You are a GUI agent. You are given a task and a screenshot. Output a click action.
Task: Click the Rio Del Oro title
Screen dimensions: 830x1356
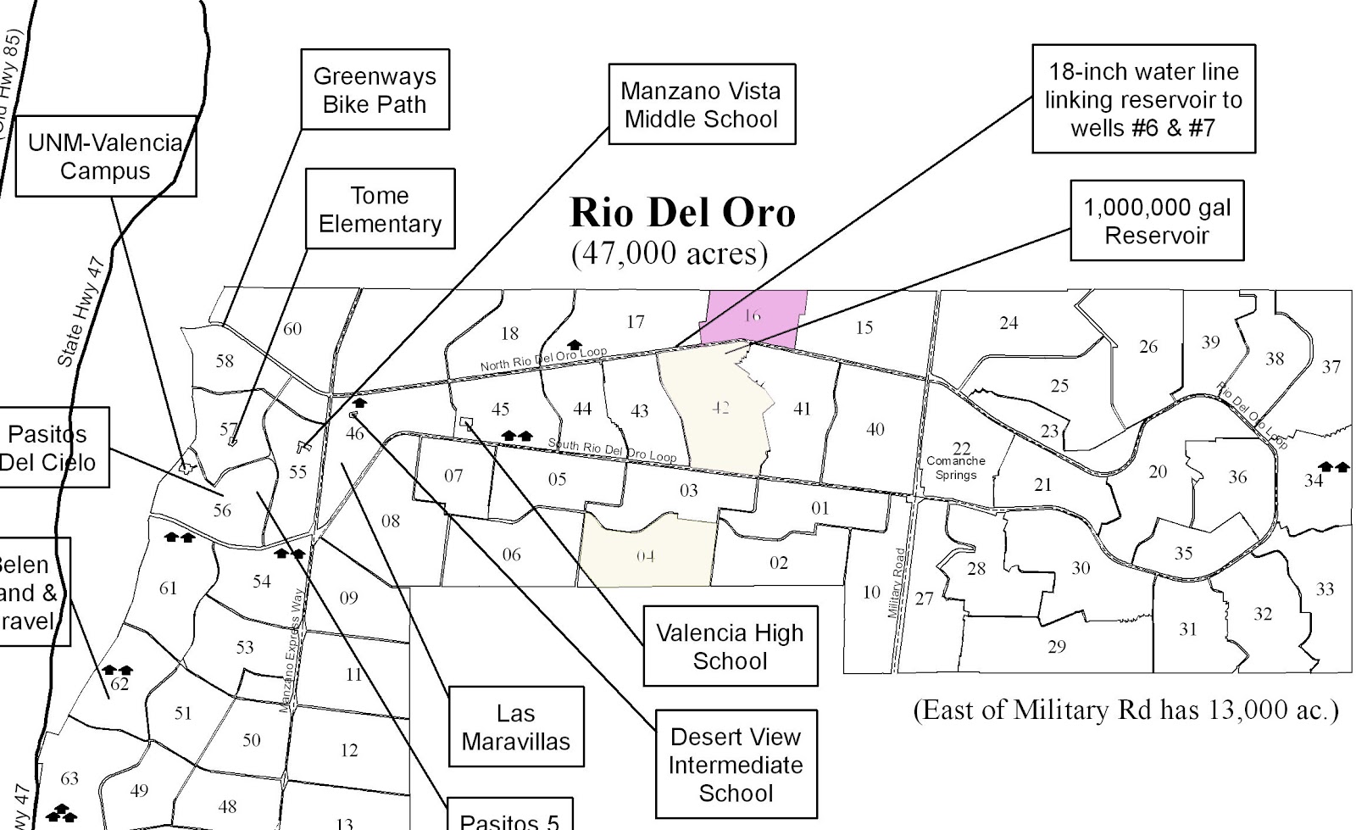(x=683, y=213)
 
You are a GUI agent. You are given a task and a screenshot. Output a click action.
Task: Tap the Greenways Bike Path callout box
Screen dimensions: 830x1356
(x=375, y=90)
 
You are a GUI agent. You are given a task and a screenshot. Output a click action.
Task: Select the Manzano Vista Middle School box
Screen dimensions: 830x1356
(x=701, y=104)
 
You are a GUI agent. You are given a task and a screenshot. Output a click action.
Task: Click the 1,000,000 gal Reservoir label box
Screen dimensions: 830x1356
(x=1156, y=220)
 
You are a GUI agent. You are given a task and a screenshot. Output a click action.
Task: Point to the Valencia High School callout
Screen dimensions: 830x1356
(x=730, y=646)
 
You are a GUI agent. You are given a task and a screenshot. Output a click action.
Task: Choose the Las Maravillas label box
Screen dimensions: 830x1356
(x=515, y=727)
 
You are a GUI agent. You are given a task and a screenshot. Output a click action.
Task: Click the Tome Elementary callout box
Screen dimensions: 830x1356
(x=380, y=209)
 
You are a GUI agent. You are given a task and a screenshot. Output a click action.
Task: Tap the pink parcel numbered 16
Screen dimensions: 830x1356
(x=753, y=317)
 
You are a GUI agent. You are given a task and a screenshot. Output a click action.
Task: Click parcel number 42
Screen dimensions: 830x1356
(x=720, y=408)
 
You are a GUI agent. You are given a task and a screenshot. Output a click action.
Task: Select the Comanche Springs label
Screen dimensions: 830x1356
(x=955, y=467)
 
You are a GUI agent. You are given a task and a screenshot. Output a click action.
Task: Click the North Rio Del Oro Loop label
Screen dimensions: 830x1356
(x=543, y=359)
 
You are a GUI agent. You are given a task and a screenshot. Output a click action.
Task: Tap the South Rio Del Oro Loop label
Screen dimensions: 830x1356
(x=612, y=450)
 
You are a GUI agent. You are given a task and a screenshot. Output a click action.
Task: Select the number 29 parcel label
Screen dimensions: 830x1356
(x=1056, y=647)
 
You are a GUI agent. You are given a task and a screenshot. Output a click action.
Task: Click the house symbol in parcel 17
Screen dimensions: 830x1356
(x=574, y=345)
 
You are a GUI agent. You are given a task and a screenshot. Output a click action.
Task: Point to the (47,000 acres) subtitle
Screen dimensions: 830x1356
(x=669, y=253)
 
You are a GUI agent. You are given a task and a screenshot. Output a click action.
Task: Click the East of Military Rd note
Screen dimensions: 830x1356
(x=1125, y=710)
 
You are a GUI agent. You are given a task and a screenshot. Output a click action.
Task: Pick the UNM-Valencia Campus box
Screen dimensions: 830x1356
(x=105, y=156)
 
